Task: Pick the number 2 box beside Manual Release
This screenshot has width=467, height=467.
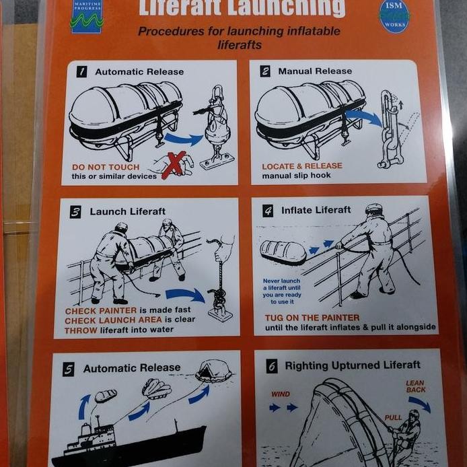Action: (x=265, y=71)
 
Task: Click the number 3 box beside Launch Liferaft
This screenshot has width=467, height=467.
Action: (x=76, y=212)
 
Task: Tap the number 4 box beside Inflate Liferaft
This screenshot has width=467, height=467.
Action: (x=268, y=211)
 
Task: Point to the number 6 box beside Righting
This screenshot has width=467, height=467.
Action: (x=272, y=366)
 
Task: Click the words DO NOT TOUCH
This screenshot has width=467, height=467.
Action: (x=106, y=167)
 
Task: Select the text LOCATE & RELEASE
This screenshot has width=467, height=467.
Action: (x=301, y=166)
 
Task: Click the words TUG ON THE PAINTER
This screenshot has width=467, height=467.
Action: (x=312, y=317)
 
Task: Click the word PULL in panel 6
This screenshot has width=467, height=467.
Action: (x=393, y=418)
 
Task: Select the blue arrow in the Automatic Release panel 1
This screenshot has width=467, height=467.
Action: (x=183, y=139)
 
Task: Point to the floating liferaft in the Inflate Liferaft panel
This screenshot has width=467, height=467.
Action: (x=283, y=251)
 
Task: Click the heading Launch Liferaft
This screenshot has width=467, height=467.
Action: (x=127, y=211)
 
